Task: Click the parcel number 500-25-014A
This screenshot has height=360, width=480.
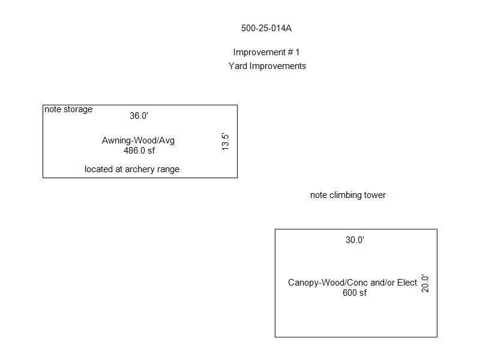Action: tap(266, 28)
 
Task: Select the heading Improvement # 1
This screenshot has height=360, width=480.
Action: tap(266, 52)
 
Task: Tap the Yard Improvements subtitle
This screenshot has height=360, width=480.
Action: tap(267, 66)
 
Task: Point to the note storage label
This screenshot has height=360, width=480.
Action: tap(68, 109)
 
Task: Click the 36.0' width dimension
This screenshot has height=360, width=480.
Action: tap(139, 116)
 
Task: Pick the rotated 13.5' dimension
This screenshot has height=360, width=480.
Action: tap(226, 142)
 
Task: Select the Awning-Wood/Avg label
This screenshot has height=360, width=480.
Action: tap(138, 140)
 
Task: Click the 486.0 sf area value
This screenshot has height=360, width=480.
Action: tap(139, 151)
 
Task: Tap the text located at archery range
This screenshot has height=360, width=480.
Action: tap(132, 169)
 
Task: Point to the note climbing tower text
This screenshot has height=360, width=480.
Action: tap(348, 195)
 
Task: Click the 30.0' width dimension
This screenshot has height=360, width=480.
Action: tap(355, 239)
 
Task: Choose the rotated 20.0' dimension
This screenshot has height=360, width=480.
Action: tap(425, 283)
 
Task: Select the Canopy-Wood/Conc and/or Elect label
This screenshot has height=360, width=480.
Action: tap(352, 283)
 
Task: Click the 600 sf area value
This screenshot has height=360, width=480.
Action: tap(355, 293)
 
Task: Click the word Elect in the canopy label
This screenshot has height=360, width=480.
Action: tap(407, 282)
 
